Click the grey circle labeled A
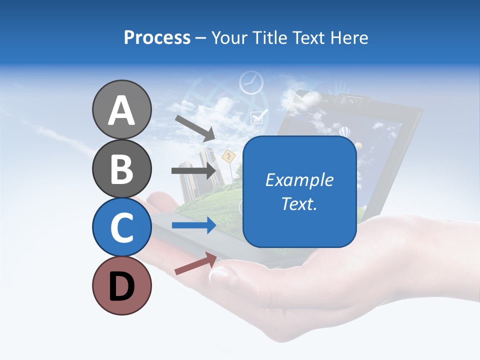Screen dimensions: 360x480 (x=121, y=109)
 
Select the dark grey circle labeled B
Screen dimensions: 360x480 (x=121, y=168)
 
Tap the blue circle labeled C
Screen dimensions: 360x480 (x=121, y=226)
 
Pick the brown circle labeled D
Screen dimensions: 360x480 (x=121, y=285)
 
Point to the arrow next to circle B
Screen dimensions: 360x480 (x=194, y=170)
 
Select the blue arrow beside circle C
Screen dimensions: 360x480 (x=194, y=225)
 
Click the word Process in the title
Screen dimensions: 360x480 (x=157, y=37)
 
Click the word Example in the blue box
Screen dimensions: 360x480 (x=299, y=180)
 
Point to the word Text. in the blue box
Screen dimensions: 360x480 (x=299, y=204)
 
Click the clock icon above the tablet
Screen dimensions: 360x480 (x=251, y=82)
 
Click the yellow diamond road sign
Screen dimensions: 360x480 (x=228, y=156)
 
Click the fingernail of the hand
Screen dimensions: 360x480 (x=220, y=273)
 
